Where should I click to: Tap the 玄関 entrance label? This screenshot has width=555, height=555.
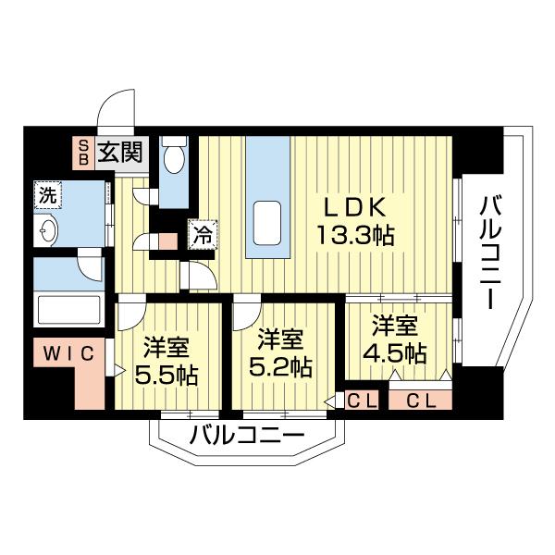[120, 152]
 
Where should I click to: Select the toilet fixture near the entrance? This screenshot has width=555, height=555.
[174, 160]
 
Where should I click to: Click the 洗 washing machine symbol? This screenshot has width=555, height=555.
[46, 195]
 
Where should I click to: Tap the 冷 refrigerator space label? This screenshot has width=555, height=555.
[201, 235]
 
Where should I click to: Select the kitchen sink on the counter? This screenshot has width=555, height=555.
[267, 222]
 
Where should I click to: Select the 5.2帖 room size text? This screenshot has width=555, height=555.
[280, 365]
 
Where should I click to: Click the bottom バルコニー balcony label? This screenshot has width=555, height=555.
[246, 434]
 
